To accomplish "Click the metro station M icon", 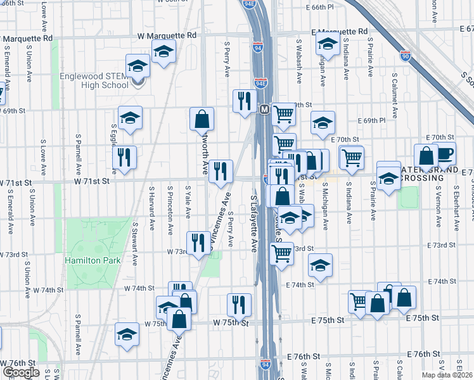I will tap(266, 110).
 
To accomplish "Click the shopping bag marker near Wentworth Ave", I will tap(202, 118).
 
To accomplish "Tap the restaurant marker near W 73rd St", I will tap(198, 242).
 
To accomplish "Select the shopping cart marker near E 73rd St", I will tap(281, 253).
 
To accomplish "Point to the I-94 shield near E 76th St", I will tap(266, 365).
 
